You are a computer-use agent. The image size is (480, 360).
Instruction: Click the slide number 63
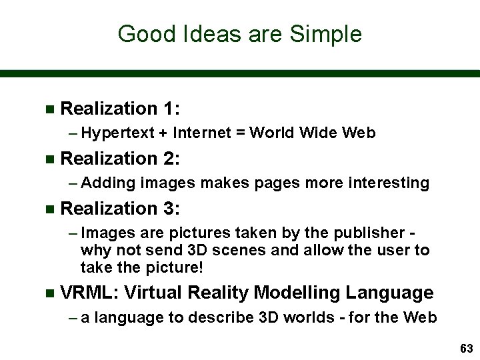coord(465,349)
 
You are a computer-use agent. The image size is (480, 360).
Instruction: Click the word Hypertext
coord(117,133)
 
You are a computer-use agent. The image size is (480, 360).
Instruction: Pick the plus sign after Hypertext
coord(163,133)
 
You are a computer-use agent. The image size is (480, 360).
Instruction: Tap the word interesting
coord(390,183)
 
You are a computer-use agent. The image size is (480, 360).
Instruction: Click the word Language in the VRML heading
coord(395,293)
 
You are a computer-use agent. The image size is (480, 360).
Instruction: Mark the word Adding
coord(109,183)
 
